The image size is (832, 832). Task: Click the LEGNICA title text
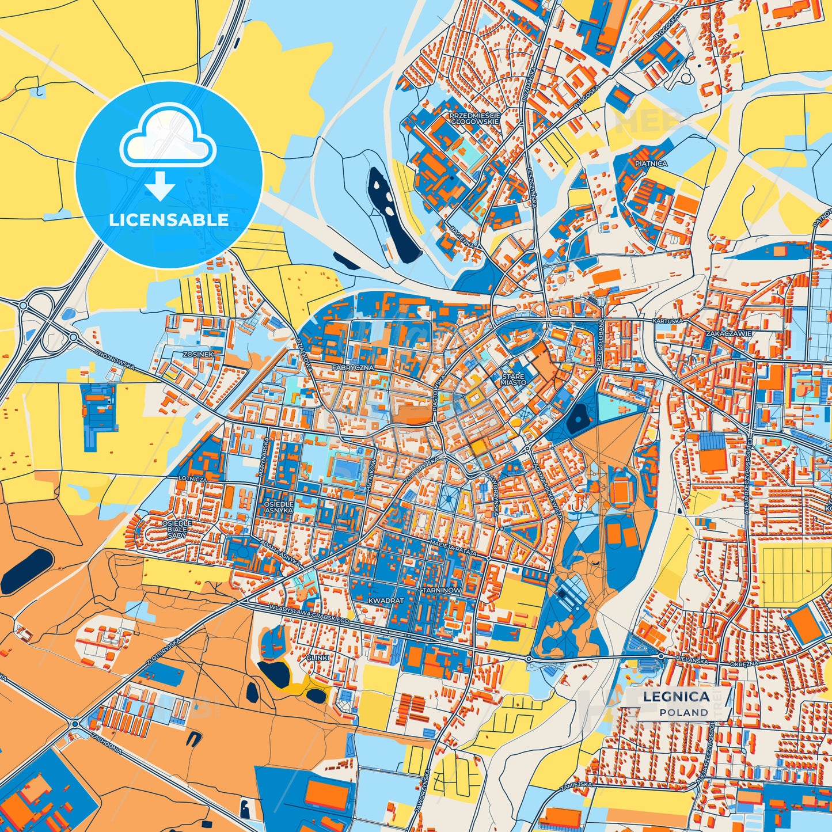[676, 696]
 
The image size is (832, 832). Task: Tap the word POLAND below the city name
[684, 712]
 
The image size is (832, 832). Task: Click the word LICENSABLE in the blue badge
[169, 219]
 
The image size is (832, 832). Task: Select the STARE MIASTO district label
[512, 378]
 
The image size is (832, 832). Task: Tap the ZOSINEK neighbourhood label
[198, 354]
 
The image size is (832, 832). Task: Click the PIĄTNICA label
[651, 164]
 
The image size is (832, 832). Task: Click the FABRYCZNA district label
[352, 367]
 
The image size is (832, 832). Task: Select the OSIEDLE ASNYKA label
[279, 507]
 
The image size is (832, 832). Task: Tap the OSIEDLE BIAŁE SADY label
[177, 529]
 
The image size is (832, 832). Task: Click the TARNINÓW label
[441, 591]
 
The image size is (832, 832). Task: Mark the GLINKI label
[317, 658]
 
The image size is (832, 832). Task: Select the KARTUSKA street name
[667, 320]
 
